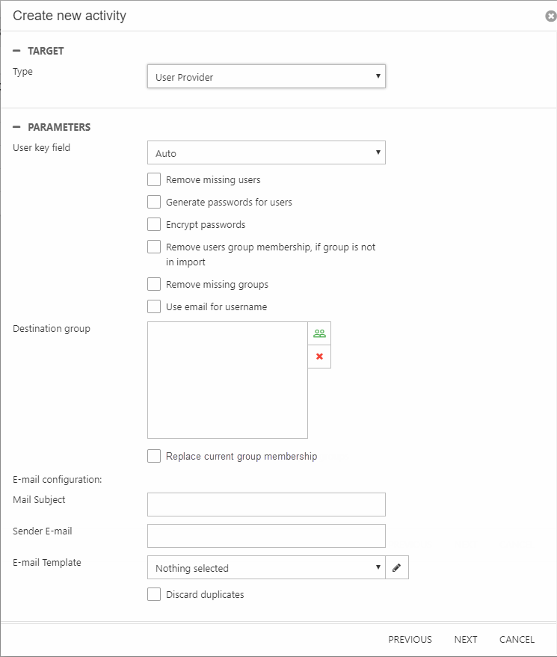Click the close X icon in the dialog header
coord(551,16)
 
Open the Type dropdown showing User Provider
coord(266,76)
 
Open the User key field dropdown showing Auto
coord(266,152)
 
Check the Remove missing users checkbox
coord(154,179)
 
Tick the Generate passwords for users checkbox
coord(154,202)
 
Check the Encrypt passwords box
coord(154,224)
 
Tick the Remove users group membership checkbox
coord(154,247)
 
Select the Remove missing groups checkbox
coord(154,284)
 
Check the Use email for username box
coord(154,306)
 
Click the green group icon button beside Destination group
coord(319,333)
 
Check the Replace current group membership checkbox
coord(154,456)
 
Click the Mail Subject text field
coord(266,505)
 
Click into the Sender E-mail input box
coord(266,536)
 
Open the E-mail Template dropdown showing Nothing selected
coord(266,567)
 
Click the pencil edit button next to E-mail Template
coord(397,567)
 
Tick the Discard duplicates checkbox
coord(154,594)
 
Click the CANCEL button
coord(517,639)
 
